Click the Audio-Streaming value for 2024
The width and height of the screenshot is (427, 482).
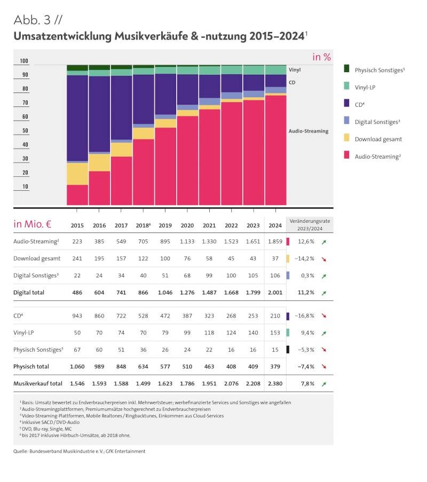(275, 242)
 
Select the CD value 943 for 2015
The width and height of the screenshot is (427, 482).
(77, 316)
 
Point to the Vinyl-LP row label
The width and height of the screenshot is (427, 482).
(25, 332)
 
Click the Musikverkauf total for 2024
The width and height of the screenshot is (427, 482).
(275, 383)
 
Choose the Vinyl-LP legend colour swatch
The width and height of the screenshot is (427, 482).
(346, 85)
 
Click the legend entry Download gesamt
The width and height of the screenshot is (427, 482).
(378, 139)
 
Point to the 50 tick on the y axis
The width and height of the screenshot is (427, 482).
(25, 131)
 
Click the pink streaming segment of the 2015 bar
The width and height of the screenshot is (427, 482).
(77, 195)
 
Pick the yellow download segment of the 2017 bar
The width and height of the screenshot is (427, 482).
(122, 149)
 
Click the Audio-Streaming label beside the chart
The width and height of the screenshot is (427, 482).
(309, 131)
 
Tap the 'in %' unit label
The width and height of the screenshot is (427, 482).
(322, 57)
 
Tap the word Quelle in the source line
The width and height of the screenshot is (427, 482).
(22, 451)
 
